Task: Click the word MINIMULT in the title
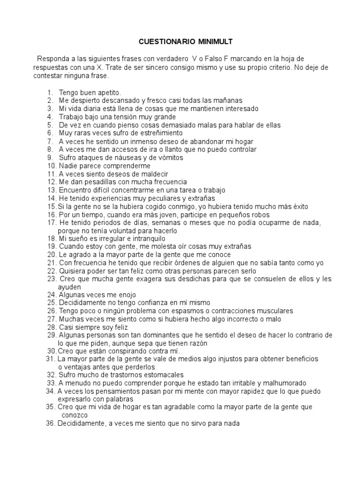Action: tap(205, 42)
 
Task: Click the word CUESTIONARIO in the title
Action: tap(162, 42)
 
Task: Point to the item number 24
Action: tap(51, 295)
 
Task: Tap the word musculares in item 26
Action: tap(270, 311)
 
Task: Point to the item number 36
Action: tap(51, 423)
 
